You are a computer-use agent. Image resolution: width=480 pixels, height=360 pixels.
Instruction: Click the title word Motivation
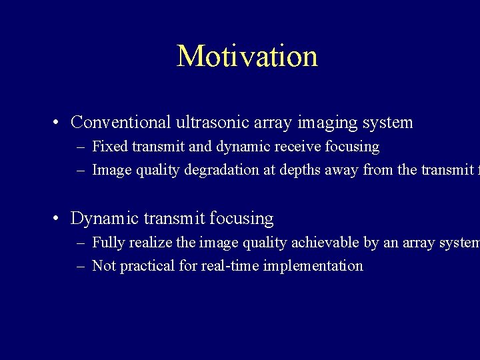click(x=247, y=56)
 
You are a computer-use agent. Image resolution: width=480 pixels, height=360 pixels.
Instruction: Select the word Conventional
click(x=121, y=123)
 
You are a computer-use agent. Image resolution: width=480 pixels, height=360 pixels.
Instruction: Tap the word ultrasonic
click(x=210, y=123)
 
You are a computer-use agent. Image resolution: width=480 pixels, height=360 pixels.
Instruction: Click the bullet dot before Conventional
click(x=59, y=123)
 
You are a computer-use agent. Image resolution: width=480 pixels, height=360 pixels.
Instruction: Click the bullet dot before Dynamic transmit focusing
click(x=59, y=219)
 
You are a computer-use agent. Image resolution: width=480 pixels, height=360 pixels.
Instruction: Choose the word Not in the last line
click(x=103, y=266)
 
